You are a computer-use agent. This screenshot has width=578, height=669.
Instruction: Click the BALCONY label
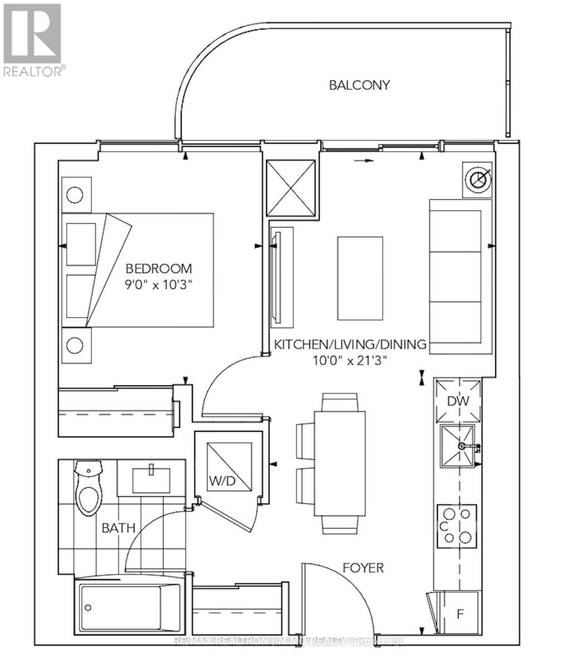coord(359,85)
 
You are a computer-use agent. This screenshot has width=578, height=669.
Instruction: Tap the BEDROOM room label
coord(158,268)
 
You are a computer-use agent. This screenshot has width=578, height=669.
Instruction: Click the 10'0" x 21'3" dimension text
coord(349,360)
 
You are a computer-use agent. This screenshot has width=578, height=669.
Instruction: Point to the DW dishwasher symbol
coord(458,401)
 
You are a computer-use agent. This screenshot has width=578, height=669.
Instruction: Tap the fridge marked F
coord(460,615)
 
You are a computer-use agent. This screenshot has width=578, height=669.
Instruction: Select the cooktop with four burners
coord(457,525)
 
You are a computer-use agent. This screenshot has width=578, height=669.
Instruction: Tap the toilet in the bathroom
coord(88,491)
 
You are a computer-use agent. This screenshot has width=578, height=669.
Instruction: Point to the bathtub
coord(128,607)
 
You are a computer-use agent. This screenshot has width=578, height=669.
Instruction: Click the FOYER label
coord(363,568)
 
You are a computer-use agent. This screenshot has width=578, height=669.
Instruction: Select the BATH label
coord(118,527)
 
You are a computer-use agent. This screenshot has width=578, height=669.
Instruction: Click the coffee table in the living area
coord(360,278)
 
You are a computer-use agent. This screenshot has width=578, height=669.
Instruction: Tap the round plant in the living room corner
coord(479,180)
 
